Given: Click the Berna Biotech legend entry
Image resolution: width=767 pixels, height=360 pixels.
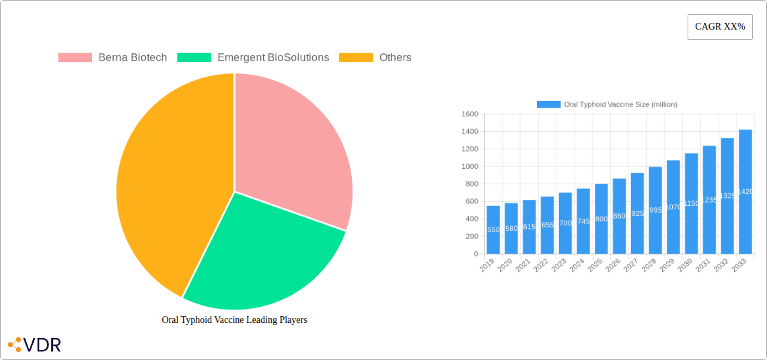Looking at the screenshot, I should point(112,58).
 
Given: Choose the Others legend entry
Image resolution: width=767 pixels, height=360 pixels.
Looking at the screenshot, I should point(375,58).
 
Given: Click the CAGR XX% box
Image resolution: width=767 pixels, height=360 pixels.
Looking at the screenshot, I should point(720,27).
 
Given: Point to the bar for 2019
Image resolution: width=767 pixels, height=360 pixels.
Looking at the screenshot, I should point(493,229).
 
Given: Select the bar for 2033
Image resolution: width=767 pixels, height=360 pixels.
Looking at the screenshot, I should point(745,192).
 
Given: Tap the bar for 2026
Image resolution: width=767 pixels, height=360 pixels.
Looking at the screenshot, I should point(620,216).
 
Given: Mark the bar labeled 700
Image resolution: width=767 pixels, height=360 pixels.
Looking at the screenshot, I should point(565,223).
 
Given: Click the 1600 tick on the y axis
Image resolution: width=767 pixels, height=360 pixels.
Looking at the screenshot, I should point(470,114).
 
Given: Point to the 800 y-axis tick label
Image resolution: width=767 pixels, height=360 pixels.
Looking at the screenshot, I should point(471,184).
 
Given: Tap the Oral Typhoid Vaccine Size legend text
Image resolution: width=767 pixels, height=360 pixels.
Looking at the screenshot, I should point(620,105).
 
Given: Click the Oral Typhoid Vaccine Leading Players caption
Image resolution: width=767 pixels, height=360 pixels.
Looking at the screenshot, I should point(234,320).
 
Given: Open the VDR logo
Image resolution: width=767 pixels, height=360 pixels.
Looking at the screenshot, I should point(34,345).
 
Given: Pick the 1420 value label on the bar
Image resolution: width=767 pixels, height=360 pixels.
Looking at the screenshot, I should point(745,192).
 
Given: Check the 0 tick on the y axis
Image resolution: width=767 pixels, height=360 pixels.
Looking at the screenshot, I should point(476,254).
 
